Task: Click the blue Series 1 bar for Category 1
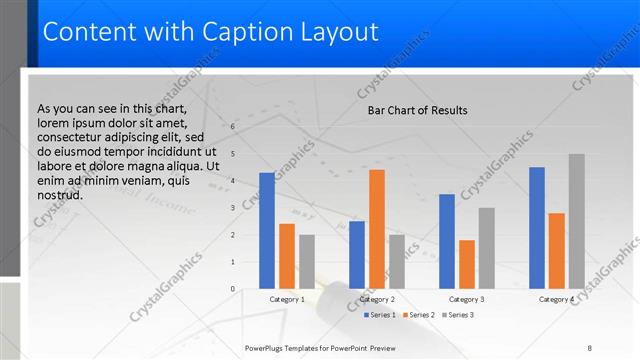coord(266,231)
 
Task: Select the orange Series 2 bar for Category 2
coord(376,229)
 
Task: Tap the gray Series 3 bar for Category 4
coord(576,221)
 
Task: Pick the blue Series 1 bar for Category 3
coord(446,241)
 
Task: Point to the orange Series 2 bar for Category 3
coord(466,264)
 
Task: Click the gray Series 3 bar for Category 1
coord(306,262)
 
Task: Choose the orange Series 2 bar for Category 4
coord(556,251)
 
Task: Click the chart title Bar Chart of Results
coord(411,110)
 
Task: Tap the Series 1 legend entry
coord(382,315)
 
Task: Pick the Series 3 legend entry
coord(458,315)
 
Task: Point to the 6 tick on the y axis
coord(232,127)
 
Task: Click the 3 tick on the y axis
coord(232,208)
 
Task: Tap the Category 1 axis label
coord(287,299)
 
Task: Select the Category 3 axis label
coord(467,299)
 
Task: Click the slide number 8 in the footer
coord(589,348)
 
